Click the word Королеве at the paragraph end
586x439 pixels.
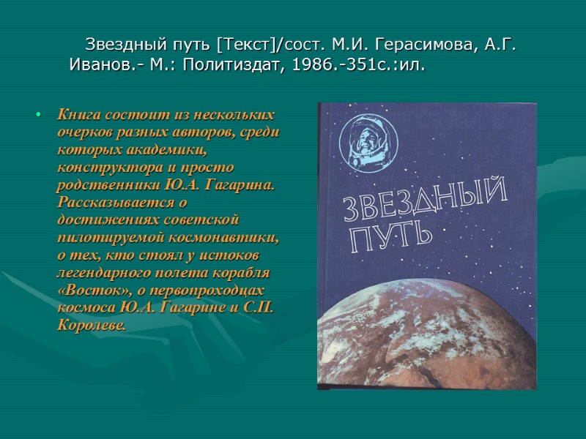click(92, 324)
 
